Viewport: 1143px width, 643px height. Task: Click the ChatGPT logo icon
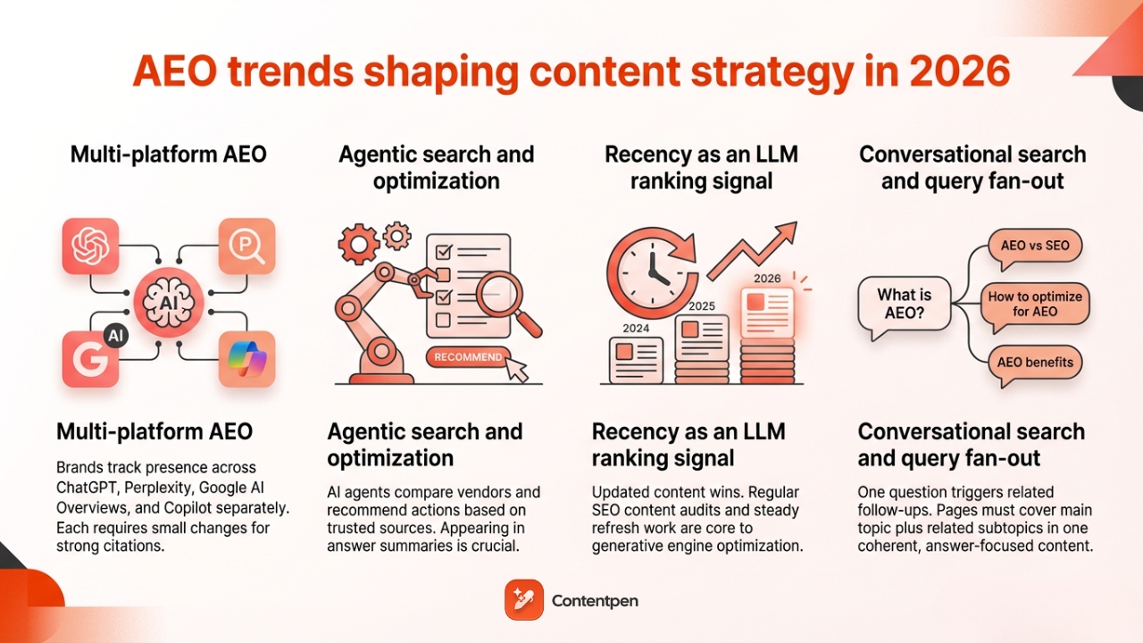click(x=90, y=246)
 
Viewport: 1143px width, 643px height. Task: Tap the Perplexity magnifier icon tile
click(x=246, y=246)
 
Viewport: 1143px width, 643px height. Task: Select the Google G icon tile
click(x=90, y=358)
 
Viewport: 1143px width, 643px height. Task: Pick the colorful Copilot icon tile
click(x=246, y=358)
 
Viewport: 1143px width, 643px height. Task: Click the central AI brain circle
click(x=169, y=302)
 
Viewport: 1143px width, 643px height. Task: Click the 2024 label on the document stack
click(x=636, y=328)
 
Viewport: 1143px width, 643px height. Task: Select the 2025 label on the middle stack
click(x=701, y=306)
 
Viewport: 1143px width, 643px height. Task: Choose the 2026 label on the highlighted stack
click(x=767, y=278)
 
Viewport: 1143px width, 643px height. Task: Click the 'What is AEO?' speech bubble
click(x=904, y=304)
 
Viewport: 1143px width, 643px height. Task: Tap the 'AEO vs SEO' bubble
click(x=1035, y=246)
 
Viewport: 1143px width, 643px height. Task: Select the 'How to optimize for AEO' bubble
click(x=1035, y=304)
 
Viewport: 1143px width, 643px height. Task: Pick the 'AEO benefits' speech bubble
click(x=1035, y=363)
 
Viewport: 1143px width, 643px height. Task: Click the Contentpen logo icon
click(x=523, y=600)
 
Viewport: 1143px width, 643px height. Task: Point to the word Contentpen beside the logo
click(x=595, y=601)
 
